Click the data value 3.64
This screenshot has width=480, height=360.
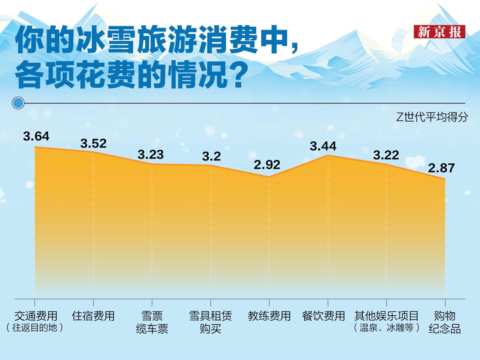(x=36, y=136)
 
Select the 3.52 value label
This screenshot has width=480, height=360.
(x=93, y=143)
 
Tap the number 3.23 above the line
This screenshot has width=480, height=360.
(x=151, y=154)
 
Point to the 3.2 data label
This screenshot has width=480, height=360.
(x=211, y=156)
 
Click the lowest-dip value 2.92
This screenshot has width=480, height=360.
(x=267, y=165)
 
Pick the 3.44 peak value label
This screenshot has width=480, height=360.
(x=323, y=146)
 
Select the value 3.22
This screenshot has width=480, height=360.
(x=386, y=155)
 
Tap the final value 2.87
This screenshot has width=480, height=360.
(x=441, y=168)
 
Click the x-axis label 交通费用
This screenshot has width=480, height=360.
(x=36, y=316)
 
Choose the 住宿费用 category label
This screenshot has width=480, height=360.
(x=93, y=316)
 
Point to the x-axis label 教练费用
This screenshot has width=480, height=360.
(x=269, y=316)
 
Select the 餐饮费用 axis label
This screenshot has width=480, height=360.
(x=323, y=316)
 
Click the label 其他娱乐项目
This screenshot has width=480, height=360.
(x=386, y=316)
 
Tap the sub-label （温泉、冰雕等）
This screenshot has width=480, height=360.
(x=386, y=327)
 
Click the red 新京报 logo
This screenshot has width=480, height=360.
(x=439, y=32)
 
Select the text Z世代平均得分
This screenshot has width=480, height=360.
(x=432, y=117)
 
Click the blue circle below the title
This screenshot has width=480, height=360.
(x=18, y=103)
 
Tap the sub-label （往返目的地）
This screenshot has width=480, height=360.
(x=35, y=327)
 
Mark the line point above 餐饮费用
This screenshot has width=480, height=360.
(x=328, y=155)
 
